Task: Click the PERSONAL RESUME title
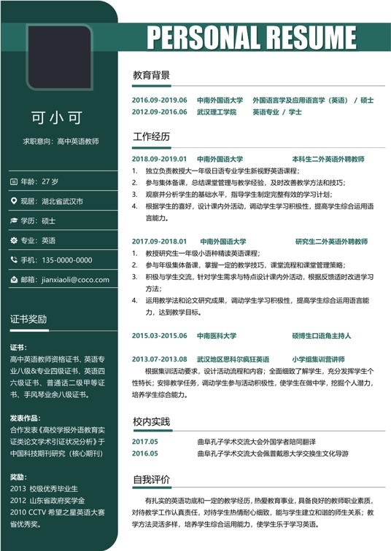[x=252, y=36]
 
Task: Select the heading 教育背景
[x=151, y=74]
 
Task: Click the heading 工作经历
[x=151, y=136]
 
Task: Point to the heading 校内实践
[x=151, y=421]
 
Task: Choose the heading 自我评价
[x=151, y=480]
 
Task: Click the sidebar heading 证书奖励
[x=28, y=319]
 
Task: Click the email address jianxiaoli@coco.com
[x=75, y=279]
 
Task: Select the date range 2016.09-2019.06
[x=160, y=100]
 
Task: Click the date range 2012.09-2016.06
[x=160, y=112]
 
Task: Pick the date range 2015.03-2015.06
[x=160, y=336]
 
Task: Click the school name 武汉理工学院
[x=217, y=112]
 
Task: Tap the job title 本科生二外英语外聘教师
[x=328, y=158]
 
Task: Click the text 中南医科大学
[x=217, y=336]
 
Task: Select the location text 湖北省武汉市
[x=61, y=200]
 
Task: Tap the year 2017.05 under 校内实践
[x=145, y=442]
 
